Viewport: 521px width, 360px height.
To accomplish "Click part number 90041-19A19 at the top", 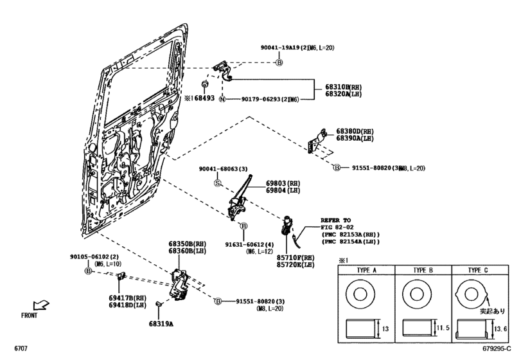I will (x=283, y=48).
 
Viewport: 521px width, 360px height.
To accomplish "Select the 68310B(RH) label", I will (x=333, y=85).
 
